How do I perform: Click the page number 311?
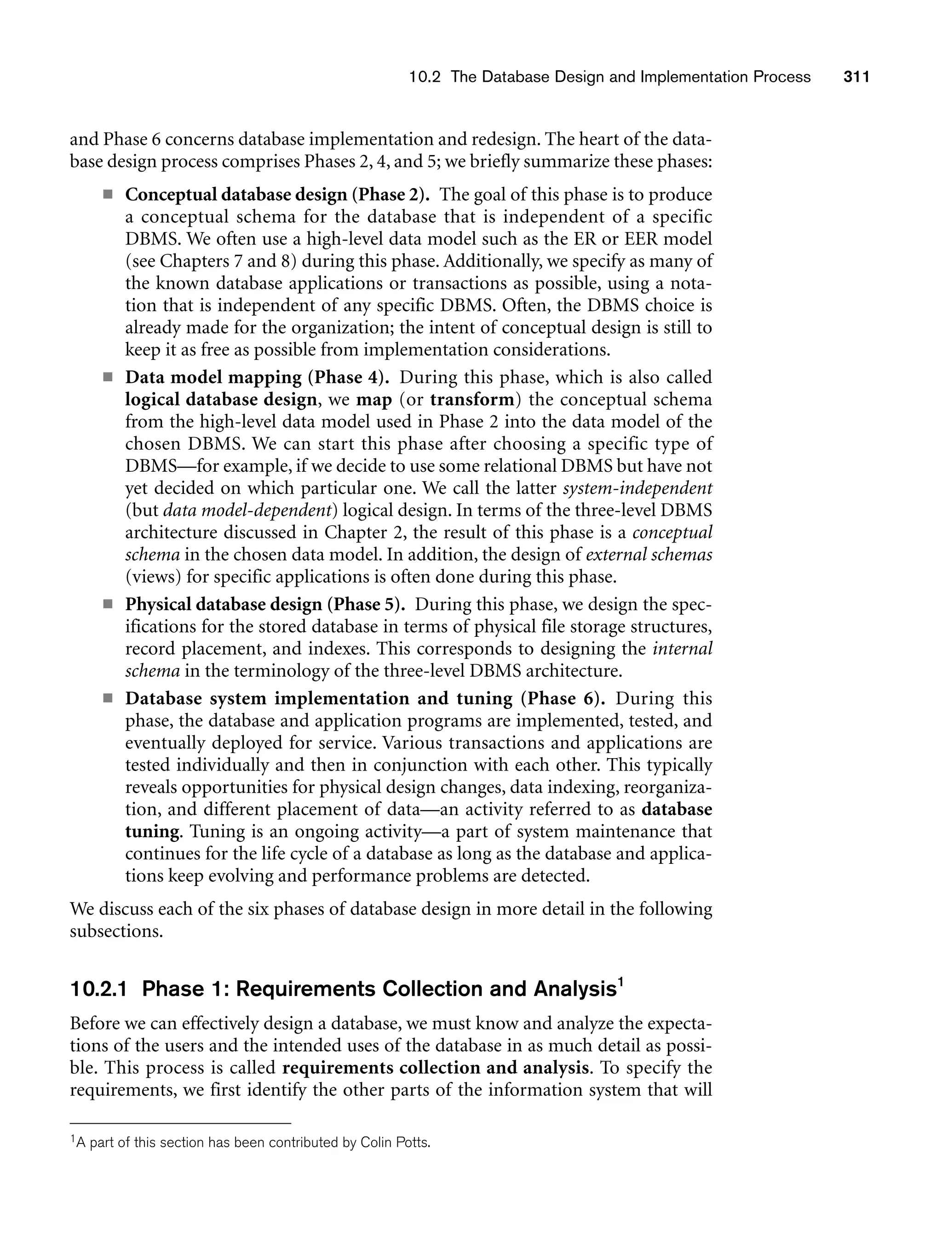click(856, 77)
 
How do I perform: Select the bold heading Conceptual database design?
click(236, 195)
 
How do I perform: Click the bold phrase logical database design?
click(221, 400)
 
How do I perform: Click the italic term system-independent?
click(638, 488)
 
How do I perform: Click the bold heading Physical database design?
click(224, 605)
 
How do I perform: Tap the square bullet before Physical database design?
click(108, 605)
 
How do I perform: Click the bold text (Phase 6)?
click(563, 699)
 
